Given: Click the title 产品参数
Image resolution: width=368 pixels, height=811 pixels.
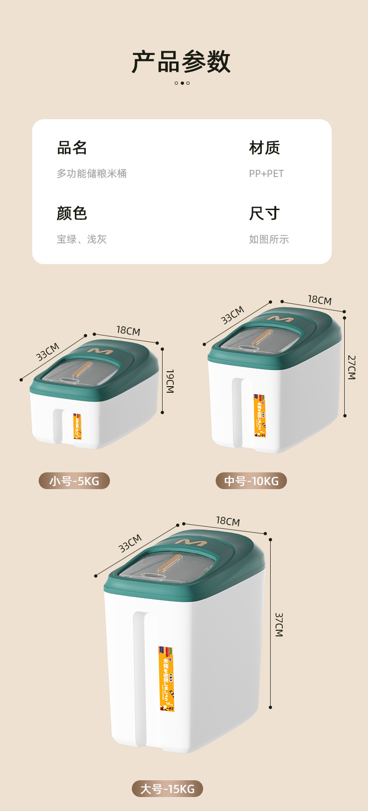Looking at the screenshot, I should pos(181,61).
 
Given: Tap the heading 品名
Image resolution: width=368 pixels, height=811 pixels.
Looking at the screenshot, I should pos(72,148).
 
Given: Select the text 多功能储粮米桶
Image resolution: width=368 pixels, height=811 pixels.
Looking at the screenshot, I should pos(92,174).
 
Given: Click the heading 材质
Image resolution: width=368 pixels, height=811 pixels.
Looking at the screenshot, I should pos(264,148).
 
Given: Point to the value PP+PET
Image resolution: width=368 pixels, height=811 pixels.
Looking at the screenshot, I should pos(266,174).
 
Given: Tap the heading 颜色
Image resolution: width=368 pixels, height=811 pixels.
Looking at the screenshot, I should pos(72,213).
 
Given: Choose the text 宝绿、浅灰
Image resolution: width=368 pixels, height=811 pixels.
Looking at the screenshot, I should pos(82,239).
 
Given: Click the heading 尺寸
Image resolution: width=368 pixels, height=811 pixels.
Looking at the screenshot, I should pos(264,213).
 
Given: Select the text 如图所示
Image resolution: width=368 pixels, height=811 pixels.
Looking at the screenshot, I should pos(269,239).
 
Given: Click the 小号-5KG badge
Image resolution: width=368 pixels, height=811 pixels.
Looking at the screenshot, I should pos(74,481).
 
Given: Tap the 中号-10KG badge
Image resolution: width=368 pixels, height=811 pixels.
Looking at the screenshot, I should pos(251,481).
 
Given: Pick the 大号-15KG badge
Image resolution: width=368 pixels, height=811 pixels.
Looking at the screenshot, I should pos(167,789).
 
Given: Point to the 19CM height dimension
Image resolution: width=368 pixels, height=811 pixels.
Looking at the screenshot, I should pos(170,381).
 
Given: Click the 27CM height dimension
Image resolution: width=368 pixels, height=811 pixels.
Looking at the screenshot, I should pos(352,367).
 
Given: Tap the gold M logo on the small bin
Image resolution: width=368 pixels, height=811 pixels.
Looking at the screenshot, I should pos(100,351).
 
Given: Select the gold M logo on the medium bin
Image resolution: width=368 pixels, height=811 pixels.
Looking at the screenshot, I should pos(280,319).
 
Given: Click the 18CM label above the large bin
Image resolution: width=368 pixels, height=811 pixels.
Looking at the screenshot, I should pos(228,521).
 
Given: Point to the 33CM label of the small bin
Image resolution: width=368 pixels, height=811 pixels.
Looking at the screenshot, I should pos(48,352).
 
